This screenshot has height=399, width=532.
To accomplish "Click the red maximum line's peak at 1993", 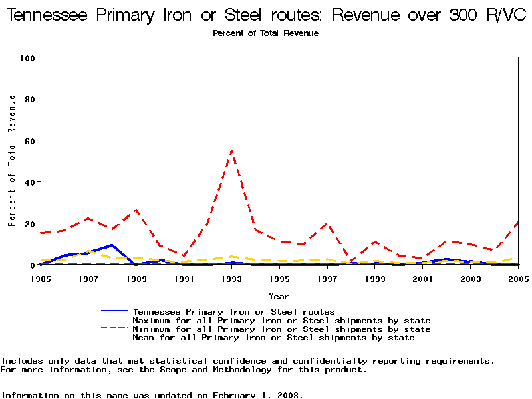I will tap(231, 150).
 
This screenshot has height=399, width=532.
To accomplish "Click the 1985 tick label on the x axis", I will tap(41, 279).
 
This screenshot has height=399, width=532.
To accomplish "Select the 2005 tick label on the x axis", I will tap(518, 279).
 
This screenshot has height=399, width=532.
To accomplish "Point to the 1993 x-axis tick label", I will tap(231, 279).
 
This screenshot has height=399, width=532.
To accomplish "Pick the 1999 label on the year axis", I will tap(375, 279).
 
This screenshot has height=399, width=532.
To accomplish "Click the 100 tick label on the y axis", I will tap(27, 58).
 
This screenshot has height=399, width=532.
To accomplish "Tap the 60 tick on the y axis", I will tap(30, 140).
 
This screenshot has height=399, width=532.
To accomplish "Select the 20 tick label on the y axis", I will tap(30, 223).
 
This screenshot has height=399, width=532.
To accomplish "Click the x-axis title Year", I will tap(279, 296).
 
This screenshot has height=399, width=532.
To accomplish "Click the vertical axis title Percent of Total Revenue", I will tap(12, 161).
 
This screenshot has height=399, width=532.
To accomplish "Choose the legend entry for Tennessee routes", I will tap(233, 311).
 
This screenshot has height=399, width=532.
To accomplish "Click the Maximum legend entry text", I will tap(281, 321).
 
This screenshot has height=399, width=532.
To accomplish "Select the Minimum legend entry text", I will tap(281, 329).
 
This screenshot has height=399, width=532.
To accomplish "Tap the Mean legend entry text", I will tap(273, 338).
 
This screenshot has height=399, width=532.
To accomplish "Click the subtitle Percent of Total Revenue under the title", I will tap(265, 33).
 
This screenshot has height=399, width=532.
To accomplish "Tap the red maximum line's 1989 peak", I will tap(136, 210).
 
